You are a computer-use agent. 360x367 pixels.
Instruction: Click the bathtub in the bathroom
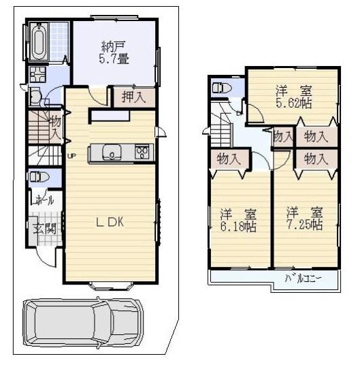pos(37,42)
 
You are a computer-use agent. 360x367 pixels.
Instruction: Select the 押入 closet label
pos(133,97)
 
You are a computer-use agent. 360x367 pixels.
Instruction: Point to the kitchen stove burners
pos(143,152)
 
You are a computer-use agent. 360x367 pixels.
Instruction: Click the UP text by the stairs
pos(71,155)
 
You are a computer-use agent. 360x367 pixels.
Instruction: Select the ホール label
pos(45,202)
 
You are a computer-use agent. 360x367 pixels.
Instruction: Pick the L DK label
pos(109,223)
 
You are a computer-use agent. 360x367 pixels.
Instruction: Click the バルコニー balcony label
pos(302,279)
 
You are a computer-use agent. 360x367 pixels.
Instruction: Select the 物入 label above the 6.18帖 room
pos(228,160)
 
